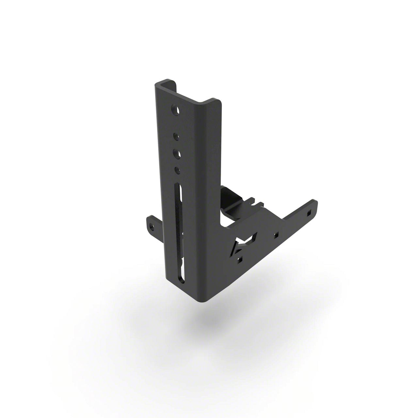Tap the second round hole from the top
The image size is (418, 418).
175,135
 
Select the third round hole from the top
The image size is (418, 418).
177,153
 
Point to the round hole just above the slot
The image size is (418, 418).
177,170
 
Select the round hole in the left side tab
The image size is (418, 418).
151,226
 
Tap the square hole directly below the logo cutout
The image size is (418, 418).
240,260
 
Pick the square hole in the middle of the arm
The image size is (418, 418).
276,234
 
